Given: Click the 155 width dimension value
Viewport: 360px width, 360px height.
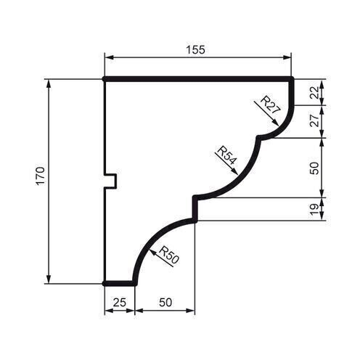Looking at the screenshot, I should pos(196,49).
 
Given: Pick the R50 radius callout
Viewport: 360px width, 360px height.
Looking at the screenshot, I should pos(168,255).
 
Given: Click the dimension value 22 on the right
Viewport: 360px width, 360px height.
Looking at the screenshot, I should pos(314,91).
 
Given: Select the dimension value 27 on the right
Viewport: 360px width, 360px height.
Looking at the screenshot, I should pos(314,121).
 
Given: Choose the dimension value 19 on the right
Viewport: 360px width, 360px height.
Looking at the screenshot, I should pos(314,209).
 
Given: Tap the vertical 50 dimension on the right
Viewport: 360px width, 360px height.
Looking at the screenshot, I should pos(314,168).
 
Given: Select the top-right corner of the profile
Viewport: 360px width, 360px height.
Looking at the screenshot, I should pos(292,78).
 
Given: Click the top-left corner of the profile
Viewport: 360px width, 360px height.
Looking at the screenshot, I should pos(105,78).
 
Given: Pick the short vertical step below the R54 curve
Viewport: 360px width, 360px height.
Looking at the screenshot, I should pos(194,209).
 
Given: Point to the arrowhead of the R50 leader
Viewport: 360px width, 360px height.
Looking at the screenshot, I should pos(148,250).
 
